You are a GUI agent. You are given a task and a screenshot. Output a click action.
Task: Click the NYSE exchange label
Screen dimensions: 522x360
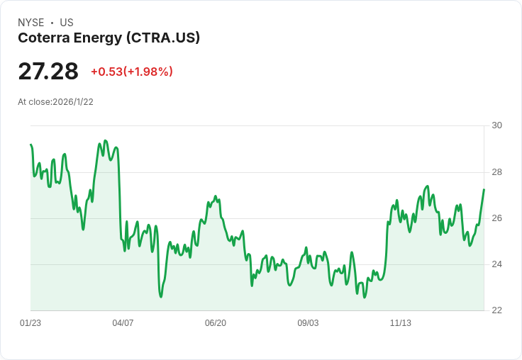(31, 23)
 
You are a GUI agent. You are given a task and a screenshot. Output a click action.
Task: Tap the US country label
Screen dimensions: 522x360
(67, 23)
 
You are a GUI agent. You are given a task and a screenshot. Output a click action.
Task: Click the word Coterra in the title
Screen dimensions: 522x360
(44, 38)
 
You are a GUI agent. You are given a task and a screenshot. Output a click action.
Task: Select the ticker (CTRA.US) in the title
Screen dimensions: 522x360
(163, 38)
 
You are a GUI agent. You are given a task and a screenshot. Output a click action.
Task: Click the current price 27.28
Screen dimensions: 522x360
(48, 71)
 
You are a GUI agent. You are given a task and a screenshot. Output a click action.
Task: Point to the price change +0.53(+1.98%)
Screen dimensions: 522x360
(132, 72)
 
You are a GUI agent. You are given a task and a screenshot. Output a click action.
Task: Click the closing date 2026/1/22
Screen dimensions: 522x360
(73, 102)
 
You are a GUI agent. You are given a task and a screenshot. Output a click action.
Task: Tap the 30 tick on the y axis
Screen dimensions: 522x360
(496, 125)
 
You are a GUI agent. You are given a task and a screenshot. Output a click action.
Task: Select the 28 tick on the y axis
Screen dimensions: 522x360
(496, 172)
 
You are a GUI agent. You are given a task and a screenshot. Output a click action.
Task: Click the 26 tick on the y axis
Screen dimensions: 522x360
(496, 218)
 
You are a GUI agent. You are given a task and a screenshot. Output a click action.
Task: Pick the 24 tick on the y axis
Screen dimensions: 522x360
(496, 264)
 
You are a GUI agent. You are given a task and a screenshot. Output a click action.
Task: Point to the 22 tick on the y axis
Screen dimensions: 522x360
(496, 310)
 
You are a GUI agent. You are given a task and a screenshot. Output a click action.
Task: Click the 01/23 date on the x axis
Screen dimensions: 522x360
(30, 323)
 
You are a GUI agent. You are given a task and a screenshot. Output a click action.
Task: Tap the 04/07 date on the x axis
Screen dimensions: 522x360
(123, 323)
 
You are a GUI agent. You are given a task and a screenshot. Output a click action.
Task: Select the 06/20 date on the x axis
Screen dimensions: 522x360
(216, 323)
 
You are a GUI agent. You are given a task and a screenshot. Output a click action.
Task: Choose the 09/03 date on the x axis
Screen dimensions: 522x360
(308, 323)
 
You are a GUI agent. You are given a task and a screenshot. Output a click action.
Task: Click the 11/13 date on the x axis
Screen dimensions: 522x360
(401, 323)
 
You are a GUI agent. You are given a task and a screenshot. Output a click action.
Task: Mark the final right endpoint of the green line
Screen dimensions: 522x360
(484, 189)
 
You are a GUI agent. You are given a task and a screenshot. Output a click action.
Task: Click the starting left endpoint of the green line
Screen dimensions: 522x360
(30, 145)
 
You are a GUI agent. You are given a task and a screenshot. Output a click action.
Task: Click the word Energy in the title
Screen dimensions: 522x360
(98, 38)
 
